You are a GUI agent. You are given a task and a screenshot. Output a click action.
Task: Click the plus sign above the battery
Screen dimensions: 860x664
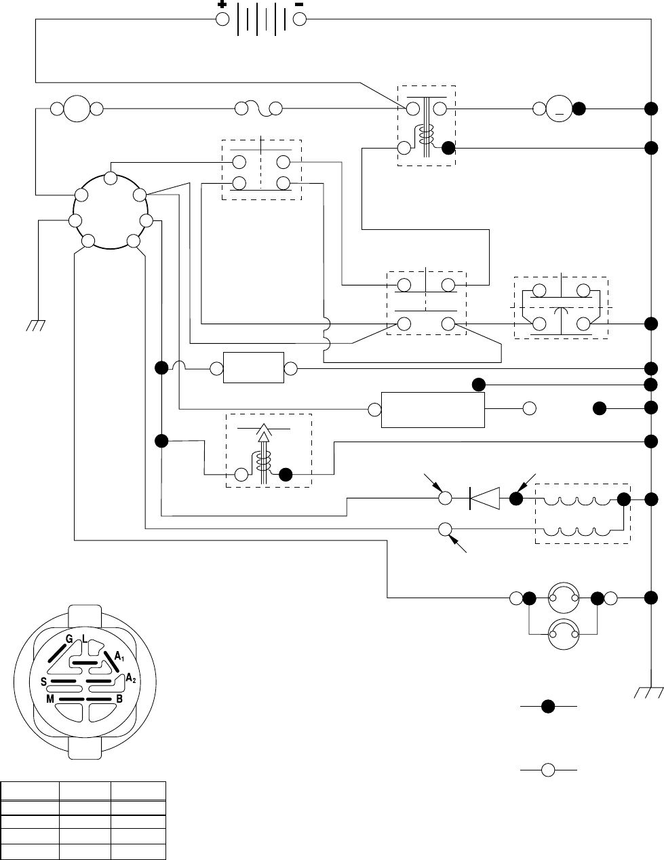point(221,4)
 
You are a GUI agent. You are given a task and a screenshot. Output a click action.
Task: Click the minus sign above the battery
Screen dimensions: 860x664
point(300,4)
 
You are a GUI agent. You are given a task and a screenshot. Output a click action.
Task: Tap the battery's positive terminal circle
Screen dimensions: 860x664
point(222,19)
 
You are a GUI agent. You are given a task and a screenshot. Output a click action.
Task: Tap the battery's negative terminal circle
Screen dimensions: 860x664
point(300,19)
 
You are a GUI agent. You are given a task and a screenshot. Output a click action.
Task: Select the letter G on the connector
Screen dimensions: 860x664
point(69,638)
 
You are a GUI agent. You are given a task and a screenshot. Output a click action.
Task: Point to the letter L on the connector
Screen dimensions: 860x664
point(83,638)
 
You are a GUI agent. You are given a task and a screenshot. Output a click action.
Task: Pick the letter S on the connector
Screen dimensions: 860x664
point(43,680)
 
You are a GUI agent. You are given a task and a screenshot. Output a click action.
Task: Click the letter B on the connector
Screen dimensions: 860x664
point(119,698)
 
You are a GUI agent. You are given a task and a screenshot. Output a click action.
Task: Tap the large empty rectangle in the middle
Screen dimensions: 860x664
point(433,410)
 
